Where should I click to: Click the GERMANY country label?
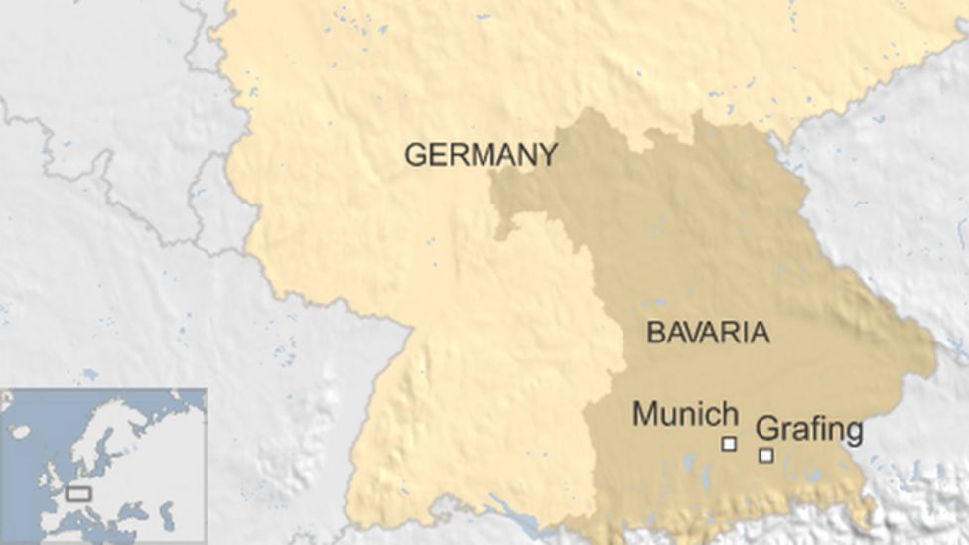pos(481,155)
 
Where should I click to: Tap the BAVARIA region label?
pos(708,332)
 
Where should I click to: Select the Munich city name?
pos(685,413)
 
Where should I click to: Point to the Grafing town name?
pos(809,430)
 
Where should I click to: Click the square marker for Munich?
pos(729,444)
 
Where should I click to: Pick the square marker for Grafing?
pos(766,455)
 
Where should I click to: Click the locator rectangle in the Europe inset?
pos(78,493)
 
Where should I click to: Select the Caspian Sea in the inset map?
pos(167,513)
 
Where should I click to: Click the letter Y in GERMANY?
pos(547,155)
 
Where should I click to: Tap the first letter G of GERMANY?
pos(415,155)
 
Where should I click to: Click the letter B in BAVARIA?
pos(655,332)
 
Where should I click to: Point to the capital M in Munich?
pos(645,413)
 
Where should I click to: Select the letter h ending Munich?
pos(729,413)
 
